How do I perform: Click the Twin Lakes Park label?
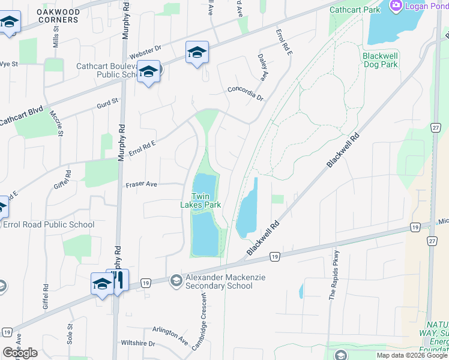200,200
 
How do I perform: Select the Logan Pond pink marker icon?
396,7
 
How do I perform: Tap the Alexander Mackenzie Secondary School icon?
176,280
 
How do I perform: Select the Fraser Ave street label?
142,185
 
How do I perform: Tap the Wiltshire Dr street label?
137,344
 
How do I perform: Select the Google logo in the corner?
20,353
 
